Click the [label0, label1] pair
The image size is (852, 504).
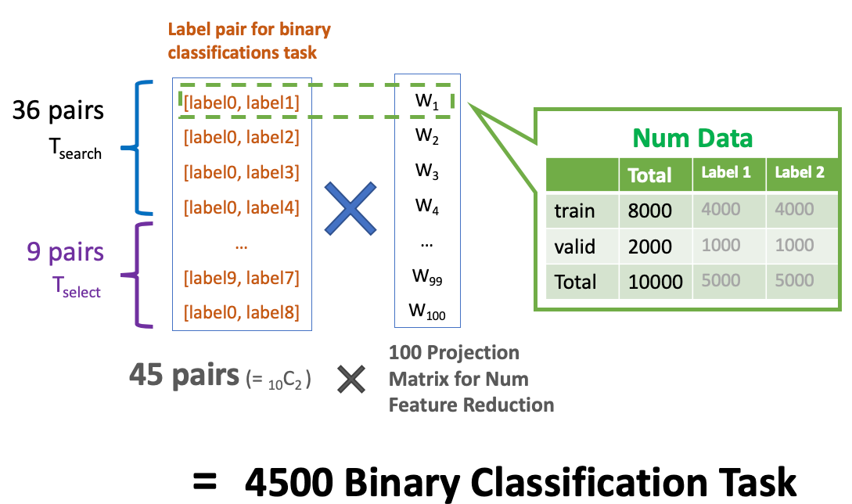241,101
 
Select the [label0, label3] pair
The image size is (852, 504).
241,172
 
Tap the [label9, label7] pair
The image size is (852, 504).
241,277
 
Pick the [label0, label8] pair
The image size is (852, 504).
241,312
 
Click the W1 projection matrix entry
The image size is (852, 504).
427,102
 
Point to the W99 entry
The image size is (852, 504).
427,278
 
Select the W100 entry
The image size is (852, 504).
427,312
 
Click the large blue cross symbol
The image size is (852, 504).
351,207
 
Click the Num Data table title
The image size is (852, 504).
692,139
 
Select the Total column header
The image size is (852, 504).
650,175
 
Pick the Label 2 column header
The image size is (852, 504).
800,173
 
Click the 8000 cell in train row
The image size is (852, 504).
649,211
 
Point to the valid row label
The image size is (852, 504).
575,247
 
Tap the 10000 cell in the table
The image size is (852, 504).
656,282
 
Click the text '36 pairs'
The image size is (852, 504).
58,111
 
